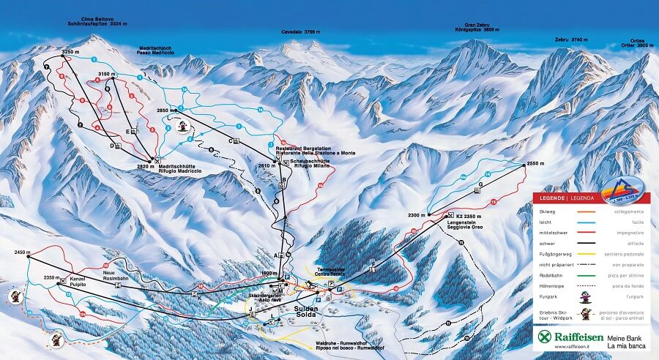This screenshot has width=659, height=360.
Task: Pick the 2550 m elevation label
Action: (x=536, y=165)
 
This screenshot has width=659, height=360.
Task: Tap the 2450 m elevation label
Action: (x=23, y=252)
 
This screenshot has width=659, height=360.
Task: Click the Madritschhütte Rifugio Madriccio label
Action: (x=180, y=168)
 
